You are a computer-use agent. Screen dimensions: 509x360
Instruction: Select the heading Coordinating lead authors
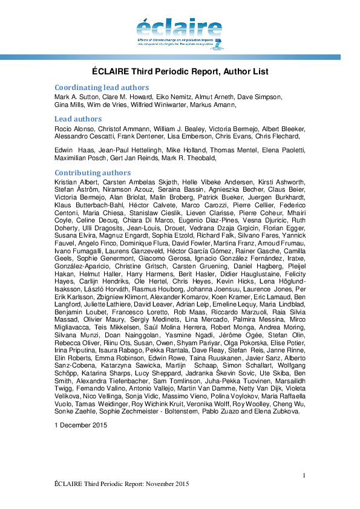[x=101, y=86]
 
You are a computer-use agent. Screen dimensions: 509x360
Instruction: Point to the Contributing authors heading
[x=92, y=173]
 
